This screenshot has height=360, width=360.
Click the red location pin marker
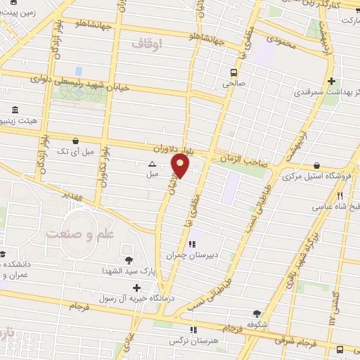[181, 166]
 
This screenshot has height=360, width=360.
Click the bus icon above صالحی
[234, 72]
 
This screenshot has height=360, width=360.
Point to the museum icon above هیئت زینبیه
[15, 110]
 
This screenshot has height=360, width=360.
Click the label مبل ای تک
[75, 151]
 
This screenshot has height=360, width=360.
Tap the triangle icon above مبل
[152, 163]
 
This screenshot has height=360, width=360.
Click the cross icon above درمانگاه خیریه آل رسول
[136, 287]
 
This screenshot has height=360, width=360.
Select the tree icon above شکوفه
[257, 313]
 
